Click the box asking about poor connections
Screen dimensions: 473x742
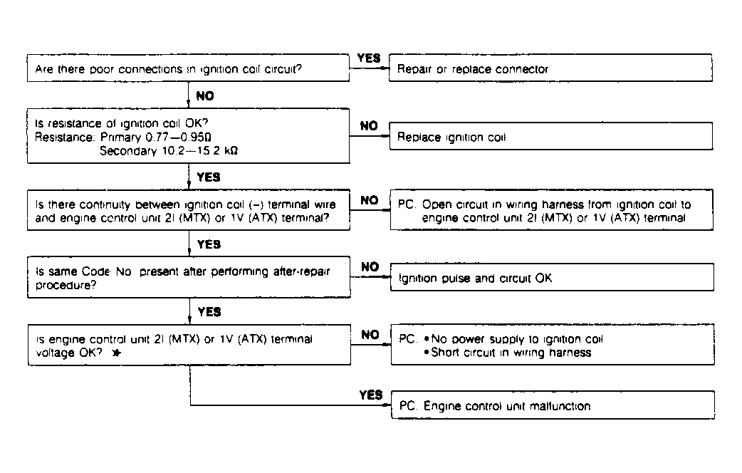click(x=187, y=69)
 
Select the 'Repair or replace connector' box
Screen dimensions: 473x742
click(x=550, y=69)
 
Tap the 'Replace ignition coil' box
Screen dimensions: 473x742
click(x=550, y=137)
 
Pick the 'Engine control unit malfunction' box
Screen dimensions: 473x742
click(x=552, y=406)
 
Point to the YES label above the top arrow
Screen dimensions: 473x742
click(x=368, y=58)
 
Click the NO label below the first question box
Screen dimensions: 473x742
click(x=205, y=95)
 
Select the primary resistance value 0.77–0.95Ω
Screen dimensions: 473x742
click(x=189, y=138)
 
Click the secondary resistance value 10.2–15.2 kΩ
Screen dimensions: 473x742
click(x=194, y=150)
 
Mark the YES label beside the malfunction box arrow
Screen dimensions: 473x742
click(x=371, y=395)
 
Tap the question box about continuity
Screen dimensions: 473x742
click(x=187, y=211)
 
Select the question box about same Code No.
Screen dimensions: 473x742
click(x=187, y=278)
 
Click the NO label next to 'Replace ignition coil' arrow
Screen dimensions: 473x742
click(x=368, y=126)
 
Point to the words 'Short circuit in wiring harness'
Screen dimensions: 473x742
click(x=511, y=353)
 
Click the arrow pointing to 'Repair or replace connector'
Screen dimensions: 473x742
click(x=370, y=69)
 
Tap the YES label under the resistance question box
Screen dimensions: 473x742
click(x=208, y=177)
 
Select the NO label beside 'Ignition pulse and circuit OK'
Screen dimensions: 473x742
click(x=370, y=267)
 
